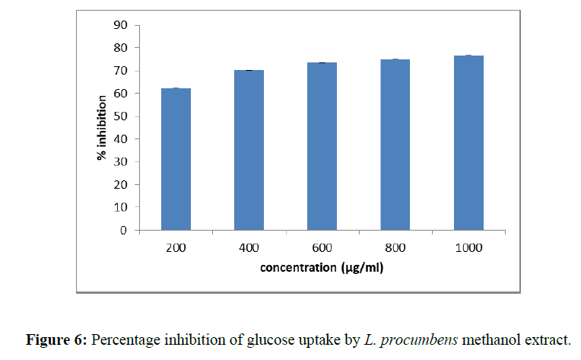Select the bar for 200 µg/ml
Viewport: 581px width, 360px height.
click(176, 159)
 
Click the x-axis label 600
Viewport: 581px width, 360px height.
click(322, 247)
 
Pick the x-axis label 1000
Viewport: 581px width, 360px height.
click(468, 247)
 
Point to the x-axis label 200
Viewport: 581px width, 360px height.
click(176, 247)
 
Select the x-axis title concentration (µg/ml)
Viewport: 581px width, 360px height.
click(322, 268)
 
